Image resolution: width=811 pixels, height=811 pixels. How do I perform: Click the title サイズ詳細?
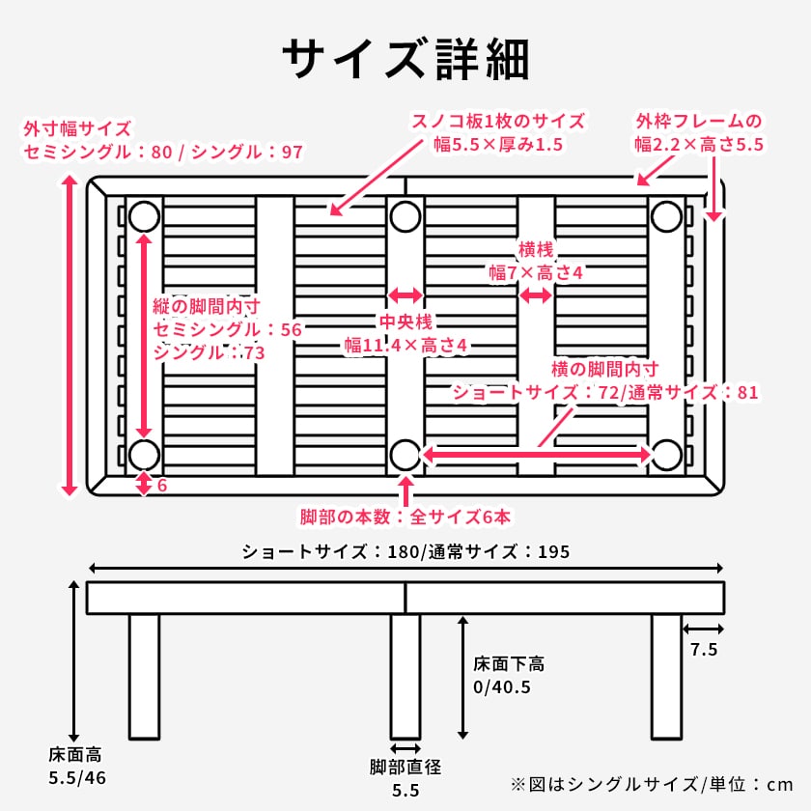[405, 60]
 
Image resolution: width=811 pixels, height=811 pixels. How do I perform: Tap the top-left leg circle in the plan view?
[145, 216]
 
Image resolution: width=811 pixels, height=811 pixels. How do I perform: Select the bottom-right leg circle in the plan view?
[666, 453]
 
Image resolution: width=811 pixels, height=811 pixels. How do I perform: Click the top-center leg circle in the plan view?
[405, 216]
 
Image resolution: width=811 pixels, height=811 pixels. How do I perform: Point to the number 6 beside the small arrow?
[161, 485]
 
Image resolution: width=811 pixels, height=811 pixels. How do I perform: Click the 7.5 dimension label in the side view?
[703, 650]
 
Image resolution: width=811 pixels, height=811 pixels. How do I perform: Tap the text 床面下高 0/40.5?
[508, 676]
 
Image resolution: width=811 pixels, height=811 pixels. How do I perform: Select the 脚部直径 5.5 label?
[405, 778]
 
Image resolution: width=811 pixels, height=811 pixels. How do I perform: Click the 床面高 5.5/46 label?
[74, 765]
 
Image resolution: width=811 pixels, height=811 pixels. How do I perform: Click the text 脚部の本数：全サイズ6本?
[405, 517]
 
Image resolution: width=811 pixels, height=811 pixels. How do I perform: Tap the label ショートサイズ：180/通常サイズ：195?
[405, 552]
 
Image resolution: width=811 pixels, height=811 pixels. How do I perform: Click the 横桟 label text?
[536, 249]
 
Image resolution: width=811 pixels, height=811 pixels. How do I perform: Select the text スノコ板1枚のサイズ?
[498, 122]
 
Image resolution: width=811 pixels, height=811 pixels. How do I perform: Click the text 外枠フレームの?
[699, 122]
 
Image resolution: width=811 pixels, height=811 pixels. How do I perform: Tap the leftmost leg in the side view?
[144, 676]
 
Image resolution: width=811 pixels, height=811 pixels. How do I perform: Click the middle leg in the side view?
[405, 676]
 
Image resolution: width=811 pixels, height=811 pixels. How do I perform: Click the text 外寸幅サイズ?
[77, 128]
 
